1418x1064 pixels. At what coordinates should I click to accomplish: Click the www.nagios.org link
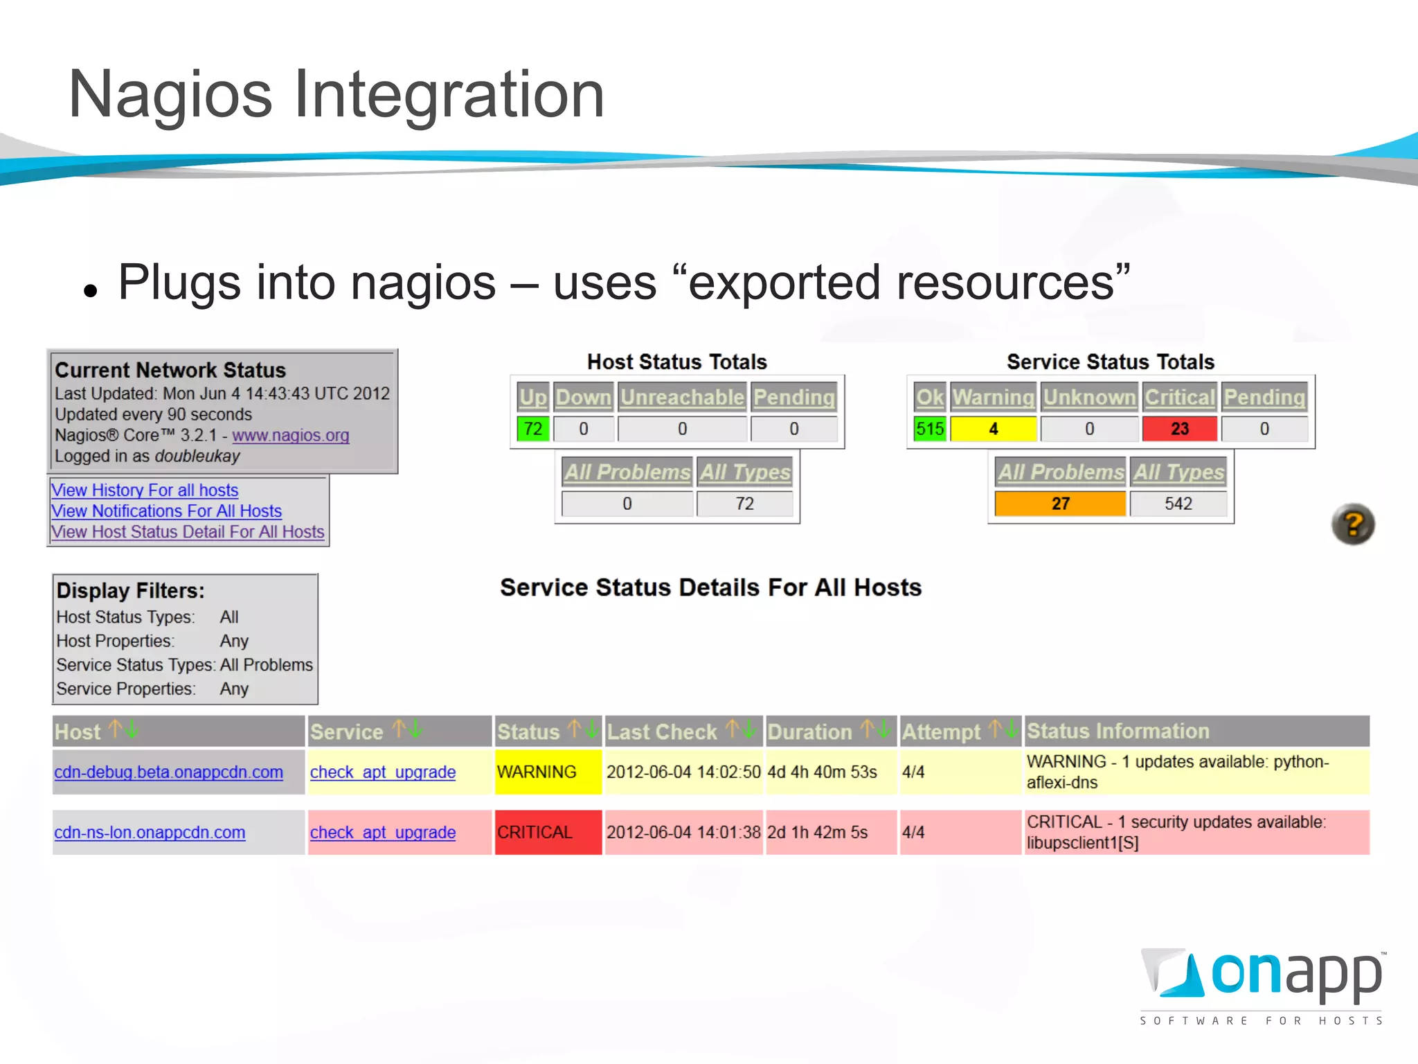290,435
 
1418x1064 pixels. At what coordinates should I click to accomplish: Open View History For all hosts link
144,490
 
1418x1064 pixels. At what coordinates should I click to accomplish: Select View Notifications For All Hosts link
166,511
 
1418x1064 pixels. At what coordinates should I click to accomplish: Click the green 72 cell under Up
532,429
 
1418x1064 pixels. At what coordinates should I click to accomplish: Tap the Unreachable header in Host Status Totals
682,397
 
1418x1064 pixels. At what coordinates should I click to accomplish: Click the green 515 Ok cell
929,429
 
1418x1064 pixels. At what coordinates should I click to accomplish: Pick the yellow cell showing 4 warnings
993,429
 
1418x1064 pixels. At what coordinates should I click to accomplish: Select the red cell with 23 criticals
1179,429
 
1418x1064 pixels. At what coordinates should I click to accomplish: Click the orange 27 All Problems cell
1060,504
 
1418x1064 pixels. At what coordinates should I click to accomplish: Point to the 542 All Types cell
1178,504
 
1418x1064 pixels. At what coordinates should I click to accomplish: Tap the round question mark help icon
1353,524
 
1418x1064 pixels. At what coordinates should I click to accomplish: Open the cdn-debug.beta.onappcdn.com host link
168,772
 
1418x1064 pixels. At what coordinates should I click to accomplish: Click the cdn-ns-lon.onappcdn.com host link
150,832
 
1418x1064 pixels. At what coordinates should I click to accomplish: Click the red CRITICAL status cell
548,832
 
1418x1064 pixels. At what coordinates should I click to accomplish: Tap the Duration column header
809,731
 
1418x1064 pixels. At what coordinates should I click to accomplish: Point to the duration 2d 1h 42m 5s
817,832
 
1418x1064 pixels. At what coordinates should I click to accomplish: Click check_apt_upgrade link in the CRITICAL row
382,832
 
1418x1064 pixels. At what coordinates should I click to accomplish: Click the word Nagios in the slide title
170,94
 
